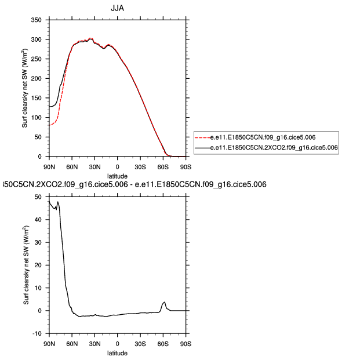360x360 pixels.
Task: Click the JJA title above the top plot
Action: point(118,8)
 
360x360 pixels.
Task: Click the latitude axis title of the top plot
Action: point(118,174)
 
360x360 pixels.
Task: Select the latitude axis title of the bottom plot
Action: point(118,352)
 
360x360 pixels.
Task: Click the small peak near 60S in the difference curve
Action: point(164,302)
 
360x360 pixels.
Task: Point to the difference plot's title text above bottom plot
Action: point(134,184)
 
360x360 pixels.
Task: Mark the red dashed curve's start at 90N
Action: point(50,125)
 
